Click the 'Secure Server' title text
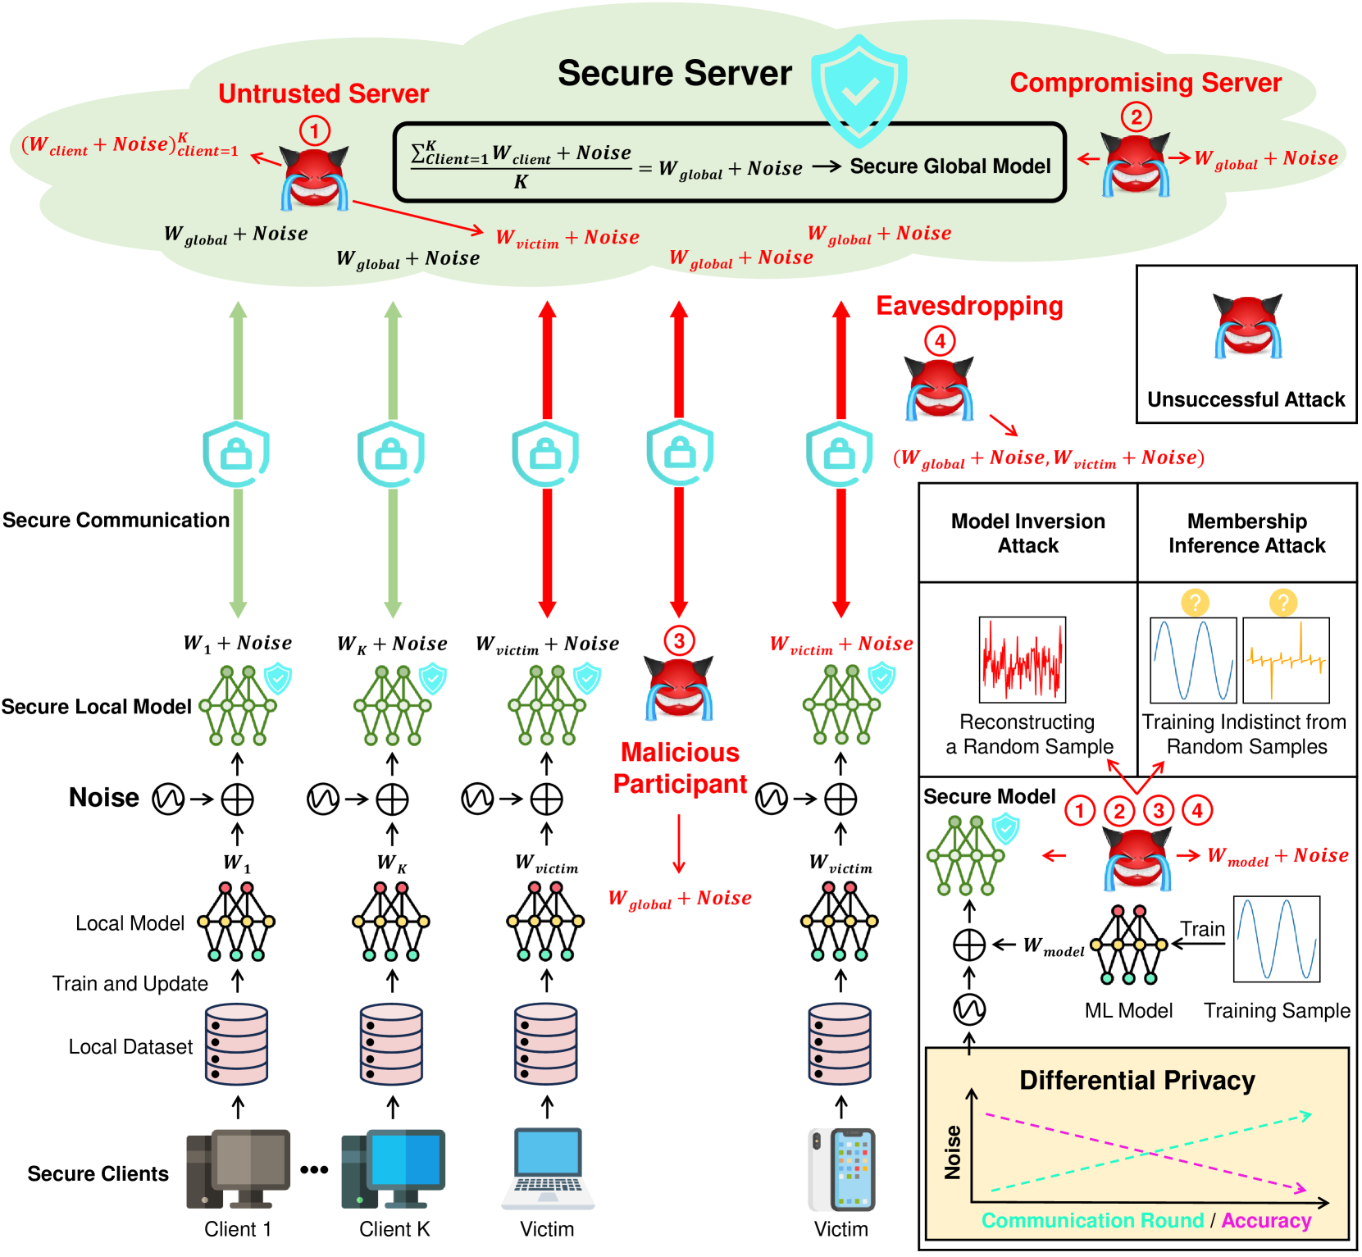(x=675, y=73)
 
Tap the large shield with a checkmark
(x=859, y=90)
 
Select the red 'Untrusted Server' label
(x=323, y=93)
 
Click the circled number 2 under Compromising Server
(x=1136, y=117)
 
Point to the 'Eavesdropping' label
(x=969, y=306)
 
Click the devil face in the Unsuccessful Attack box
(x=1247, y=326)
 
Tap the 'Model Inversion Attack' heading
(x=1027, y=533)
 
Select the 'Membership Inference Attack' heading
(x=1246, y=533)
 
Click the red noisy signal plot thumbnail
(x=1023, y=660)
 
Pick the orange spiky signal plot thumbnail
(x=1286, y=661)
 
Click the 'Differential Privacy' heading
(x=1137, y=1080)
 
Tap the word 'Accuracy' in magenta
(x=1266, y=1220)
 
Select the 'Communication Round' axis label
(x=1092, y=1220)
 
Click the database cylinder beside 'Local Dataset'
(x=237, y=1044)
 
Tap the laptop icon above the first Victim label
(x=547, y=1168)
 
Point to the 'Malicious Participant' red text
(x=680, y=768)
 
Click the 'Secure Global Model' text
(x=950, y=166)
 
